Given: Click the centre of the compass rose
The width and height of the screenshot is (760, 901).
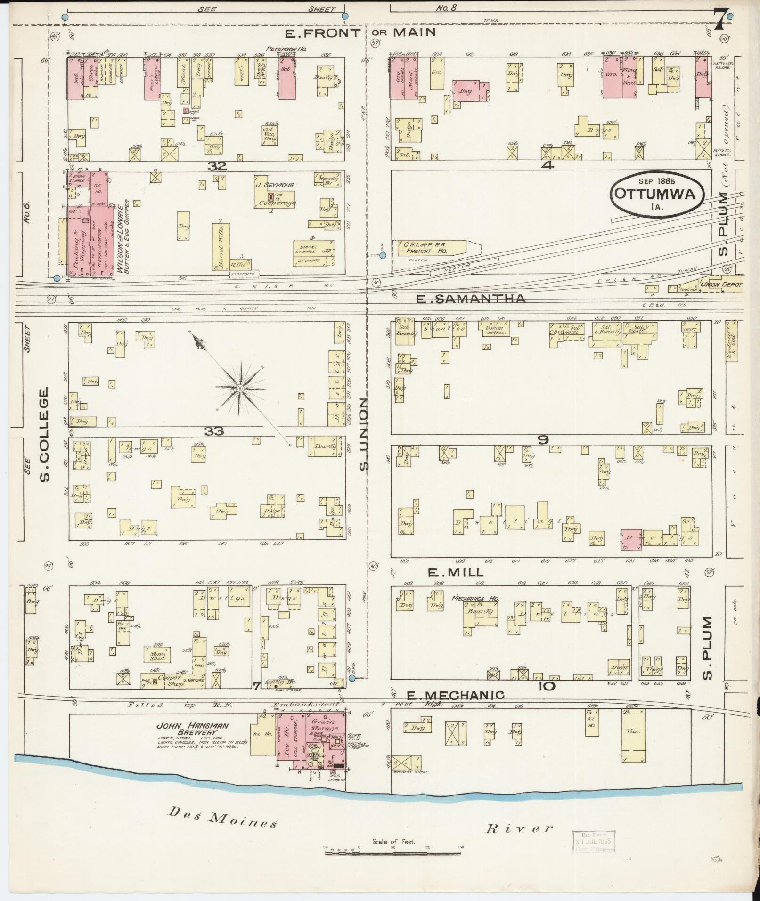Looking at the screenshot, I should [x=240, y=388].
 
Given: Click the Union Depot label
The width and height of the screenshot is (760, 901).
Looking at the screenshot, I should [x=720, y=284].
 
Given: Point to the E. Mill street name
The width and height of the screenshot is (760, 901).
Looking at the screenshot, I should [x=455, y=572].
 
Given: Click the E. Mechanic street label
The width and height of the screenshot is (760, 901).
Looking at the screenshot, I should [x=456, y=695].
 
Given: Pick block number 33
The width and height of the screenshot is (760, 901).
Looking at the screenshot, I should [x=214, y=430].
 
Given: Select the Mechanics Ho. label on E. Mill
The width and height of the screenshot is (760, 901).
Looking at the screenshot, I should [x=475, y=598].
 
